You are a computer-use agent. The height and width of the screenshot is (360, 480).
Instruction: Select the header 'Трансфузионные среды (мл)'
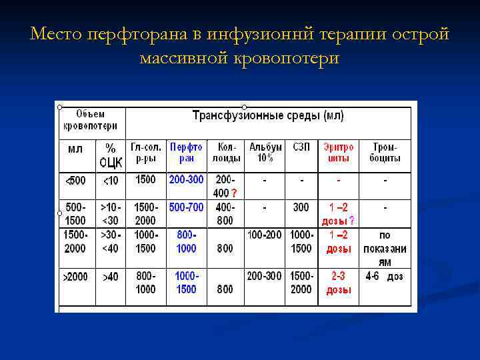click(x=268, y=115)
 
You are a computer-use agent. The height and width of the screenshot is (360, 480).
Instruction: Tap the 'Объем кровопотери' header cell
click(x=90, y=119)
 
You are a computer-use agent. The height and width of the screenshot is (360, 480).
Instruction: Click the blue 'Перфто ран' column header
click(x=187, y=152)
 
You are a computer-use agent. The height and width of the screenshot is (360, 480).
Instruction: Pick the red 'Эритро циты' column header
click(x=339, y=152)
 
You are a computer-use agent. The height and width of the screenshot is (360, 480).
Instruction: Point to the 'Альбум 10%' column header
click(x=265, y=152)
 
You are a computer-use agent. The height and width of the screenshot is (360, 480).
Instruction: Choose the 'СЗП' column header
click(x=301, y=146)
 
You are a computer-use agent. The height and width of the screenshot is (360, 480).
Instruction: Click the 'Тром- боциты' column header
click(x=385, y=152)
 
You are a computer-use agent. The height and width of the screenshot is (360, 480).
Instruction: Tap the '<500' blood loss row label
click(x=75, y=180)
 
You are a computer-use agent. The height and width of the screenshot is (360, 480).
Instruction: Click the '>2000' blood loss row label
click(x=75, y=276)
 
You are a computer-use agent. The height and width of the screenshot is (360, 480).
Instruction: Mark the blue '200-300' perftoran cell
click(x=187, y=179)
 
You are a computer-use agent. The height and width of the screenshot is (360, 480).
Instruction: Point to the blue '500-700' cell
click(x=187, y=207)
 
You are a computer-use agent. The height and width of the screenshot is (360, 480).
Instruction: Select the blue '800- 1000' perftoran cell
click(x=187, y=241)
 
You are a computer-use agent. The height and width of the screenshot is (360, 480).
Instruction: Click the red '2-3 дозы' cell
click(x=339, y=283)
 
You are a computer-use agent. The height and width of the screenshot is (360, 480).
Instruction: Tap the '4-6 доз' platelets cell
click(x=385, y=276)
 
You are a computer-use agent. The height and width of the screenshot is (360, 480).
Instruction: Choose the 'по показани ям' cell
click(x=385, y=249)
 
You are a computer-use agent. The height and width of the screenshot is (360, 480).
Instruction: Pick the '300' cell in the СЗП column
click(x=301, y=207)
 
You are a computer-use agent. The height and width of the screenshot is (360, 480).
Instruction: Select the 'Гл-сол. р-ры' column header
click(x=145, y=152)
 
